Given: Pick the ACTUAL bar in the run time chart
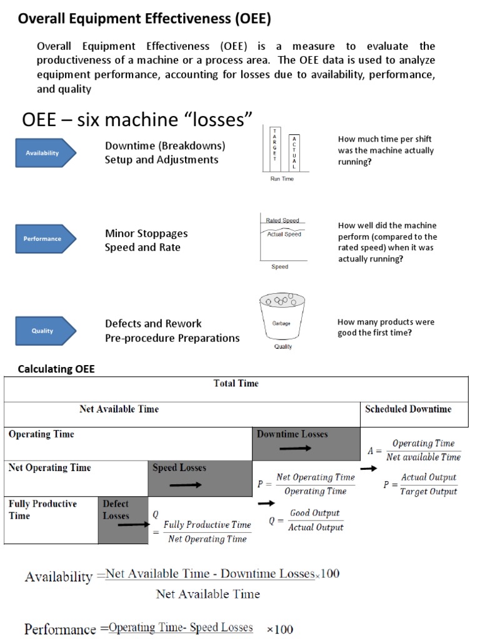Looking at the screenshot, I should coord(294,152).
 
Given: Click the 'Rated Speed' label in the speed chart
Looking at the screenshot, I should coord(282,220).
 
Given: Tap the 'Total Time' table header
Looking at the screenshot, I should coord(236,383).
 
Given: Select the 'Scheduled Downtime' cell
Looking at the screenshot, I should coord(407,409).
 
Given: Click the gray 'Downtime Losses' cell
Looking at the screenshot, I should coord(306,442).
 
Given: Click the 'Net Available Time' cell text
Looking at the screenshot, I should coord(119,409).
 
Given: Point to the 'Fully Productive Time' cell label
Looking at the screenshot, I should coord(42,509).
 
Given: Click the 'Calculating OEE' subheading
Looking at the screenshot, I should coord(56,369).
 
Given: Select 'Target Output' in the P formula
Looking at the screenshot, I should coord(429,491).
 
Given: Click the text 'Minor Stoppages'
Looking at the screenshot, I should coord(146,233).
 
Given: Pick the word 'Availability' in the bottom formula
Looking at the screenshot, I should coord(58,577).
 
